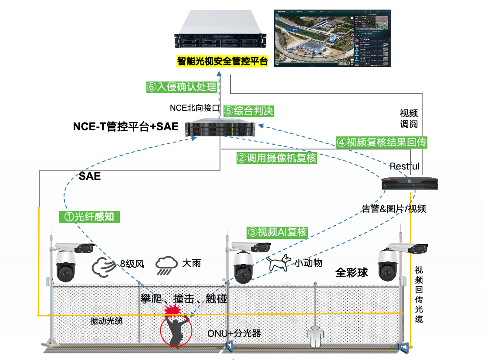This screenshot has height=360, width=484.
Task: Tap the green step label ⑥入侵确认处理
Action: click(182, 87)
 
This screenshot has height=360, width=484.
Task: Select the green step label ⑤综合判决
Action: click(248, 111)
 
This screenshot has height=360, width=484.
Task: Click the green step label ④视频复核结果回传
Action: click(382, 142)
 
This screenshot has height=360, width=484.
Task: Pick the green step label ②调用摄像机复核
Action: click(277, 158)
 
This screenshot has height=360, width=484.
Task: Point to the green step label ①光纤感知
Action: click(89, 216)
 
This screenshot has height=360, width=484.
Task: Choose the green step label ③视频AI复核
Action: click(278, 232)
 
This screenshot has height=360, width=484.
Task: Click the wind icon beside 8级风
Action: click(103, 266)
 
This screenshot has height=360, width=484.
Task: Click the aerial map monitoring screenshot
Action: click(332, 38)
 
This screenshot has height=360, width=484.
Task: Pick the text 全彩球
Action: click(352, 273)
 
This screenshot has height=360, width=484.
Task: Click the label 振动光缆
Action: click(106, 321)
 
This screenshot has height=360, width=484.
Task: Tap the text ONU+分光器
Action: click(234, 333)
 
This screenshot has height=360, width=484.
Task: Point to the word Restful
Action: click(405, 166)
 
